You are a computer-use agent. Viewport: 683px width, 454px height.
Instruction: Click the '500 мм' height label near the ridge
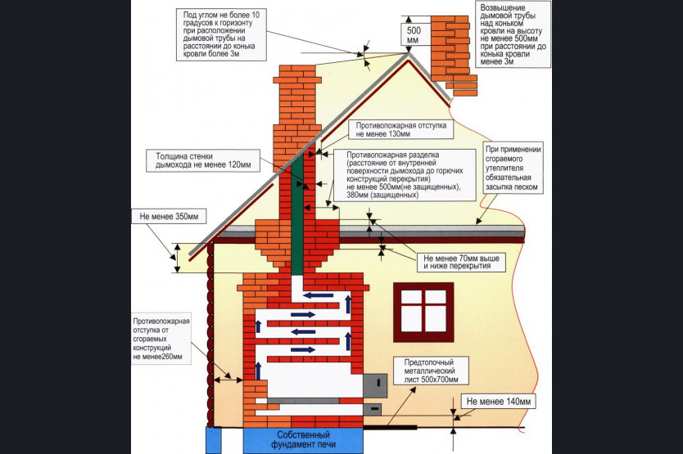coord(414,35)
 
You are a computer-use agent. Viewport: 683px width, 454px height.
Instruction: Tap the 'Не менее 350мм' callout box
coord(169,216)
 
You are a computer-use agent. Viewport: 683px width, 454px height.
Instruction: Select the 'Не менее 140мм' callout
coord(498,402)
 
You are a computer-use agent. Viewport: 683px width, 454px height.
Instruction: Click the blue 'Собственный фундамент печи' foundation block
coord(303,439)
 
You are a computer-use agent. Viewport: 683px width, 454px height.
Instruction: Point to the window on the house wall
coord(423,312)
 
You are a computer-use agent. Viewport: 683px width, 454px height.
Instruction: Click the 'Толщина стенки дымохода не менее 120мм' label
coord(203,160)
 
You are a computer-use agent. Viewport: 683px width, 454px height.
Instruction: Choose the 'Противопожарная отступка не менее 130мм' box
coord(401,129)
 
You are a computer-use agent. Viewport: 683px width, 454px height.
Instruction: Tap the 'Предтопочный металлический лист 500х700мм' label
coord(431,371)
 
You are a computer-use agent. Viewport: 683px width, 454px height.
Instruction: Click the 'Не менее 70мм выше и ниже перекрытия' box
coord(461,262)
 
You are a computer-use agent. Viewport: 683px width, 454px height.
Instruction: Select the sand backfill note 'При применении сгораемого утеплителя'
coord(513,168)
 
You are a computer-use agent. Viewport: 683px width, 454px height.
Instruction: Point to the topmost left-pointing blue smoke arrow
coord(319,295)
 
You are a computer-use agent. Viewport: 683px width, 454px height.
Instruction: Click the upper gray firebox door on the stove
coord(375,385)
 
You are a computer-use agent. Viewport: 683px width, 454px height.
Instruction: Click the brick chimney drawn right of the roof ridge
coord(454,55)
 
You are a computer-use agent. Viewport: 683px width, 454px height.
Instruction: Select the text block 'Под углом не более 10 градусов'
coord(221,34)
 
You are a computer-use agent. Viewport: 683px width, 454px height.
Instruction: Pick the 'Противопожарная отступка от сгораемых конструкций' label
coord(161,339)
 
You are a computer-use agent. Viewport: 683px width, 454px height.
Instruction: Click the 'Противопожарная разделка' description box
coord(405,175)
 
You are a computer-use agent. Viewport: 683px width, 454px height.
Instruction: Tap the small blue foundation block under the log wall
coord(214,440)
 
